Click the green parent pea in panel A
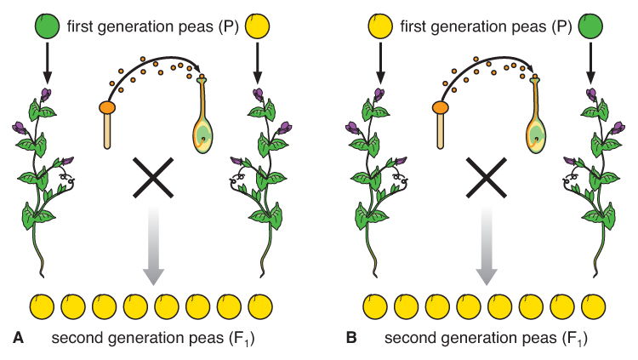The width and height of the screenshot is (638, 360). click(48, 26)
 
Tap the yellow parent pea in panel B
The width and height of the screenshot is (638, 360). click(380, 26)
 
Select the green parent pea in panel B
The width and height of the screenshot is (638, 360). click(589, 26)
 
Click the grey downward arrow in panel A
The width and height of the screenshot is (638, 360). click(153, 247)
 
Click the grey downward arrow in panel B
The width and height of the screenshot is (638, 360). click(486, 247)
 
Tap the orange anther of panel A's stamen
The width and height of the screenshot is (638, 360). click(107, 108)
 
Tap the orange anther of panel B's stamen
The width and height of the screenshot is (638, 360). click(440, 108)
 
